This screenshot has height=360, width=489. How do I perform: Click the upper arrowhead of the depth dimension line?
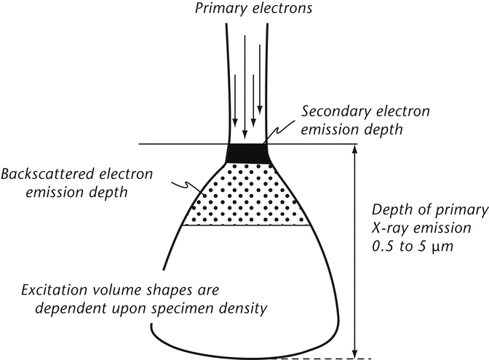tap(354, 151)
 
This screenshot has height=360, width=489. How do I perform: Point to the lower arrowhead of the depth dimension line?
tap(354, 353)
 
